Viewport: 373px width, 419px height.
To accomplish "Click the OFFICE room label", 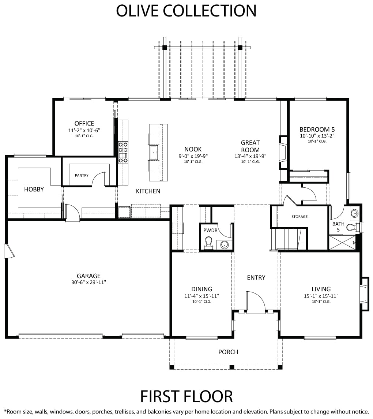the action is pyautogui.click(x=84, y=123).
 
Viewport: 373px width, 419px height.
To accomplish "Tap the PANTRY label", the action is pyautogui.click(x=82, y=175).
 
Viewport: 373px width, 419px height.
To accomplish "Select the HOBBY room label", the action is pyautogui.click(x=34, y=190).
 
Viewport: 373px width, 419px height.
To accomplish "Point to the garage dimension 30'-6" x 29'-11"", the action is pyautogui.click(x=88, y=282).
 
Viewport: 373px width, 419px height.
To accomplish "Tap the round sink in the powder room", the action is pyautogui.click(x=224, y=244).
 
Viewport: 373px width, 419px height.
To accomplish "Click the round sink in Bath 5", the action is pyautogui.click(x=354, y=213).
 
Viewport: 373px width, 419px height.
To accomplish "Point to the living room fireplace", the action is pyautogui.click(x=365, y=294).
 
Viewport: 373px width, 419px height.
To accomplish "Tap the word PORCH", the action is pyautogui.click(x=228, y=352).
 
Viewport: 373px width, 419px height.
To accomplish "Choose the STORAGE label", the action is pyautogui.click(x=299, y=217).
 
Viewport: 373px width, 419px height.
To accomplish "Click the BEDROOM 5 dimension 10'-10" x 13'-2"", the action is pyautogui.click(x=317, y=136).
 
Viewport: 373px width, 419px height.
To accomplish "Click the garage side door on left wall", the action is pyautogui.click(x=9, y=251).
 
